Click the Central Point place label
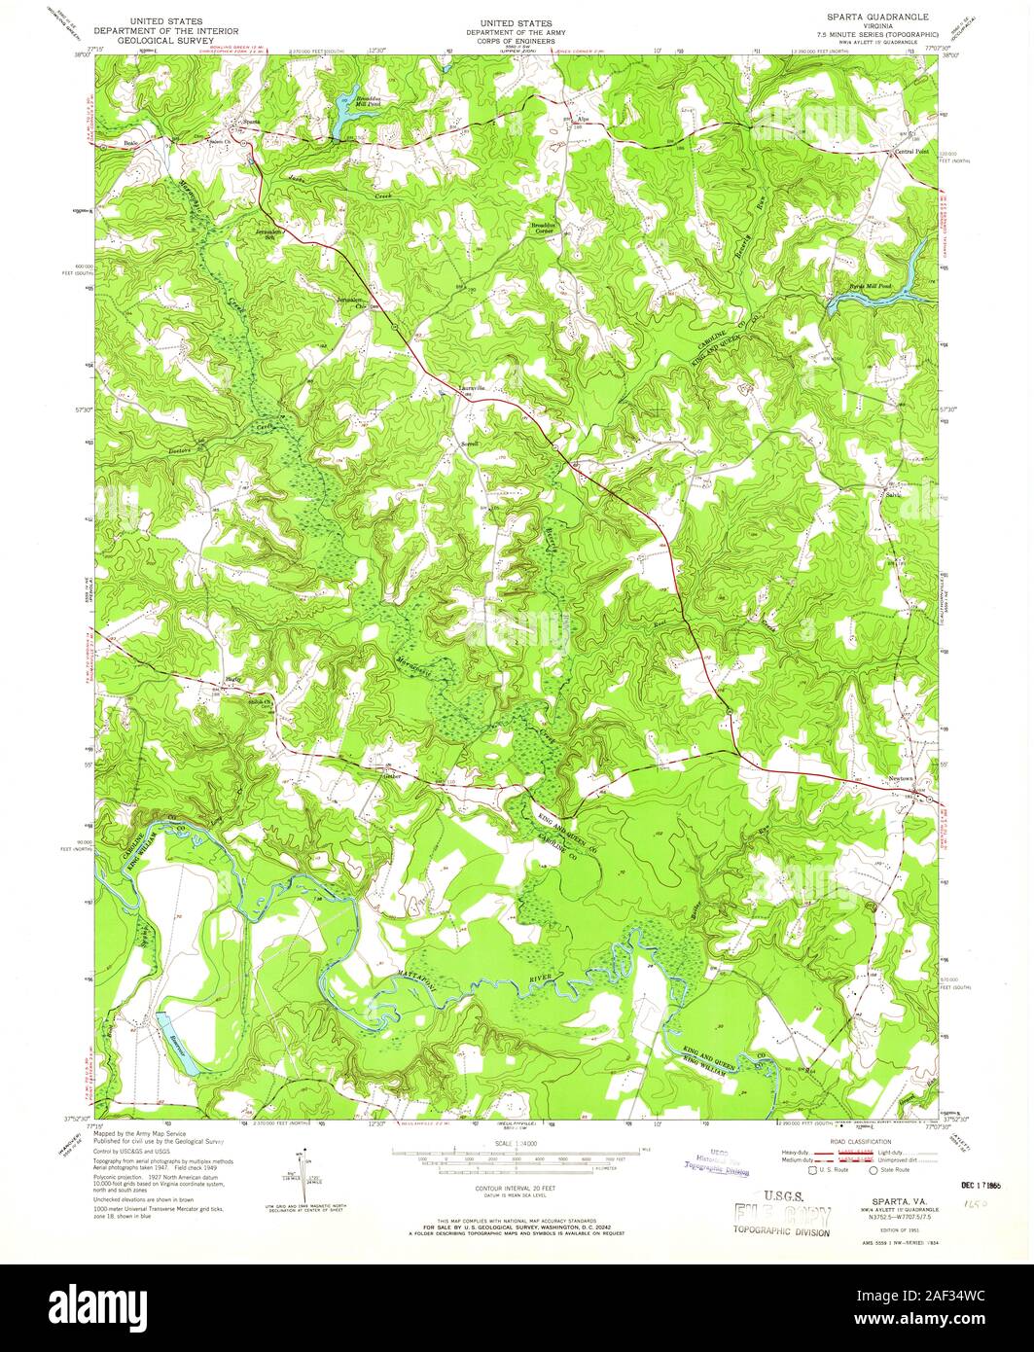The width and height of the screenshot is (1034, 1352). pos(911,152)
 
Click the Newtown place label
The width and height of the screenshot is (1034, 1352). pos(873,781)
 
